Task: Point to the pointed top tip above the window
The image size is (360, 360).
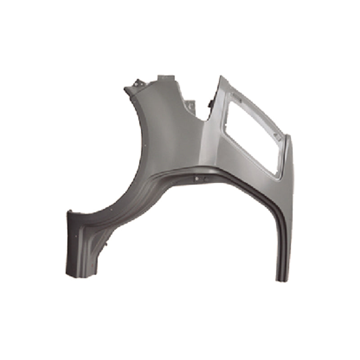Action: coord(220,76)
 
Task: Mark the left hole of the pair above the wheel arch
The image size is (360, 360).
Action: coord(196,179)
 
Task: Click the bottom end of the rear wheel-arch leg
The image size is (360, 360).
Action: coord(282,279)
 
